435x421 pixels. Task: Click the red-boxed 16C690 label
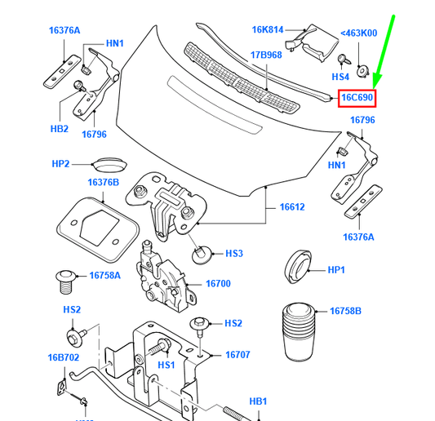[357, 98]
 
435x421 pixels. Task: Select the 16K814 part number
[267, 30]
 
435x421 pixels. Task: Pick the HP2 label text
[61, 164]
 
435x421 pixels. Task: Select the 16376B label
[104, 184]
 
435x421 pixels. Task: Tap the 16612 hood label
[291, 208]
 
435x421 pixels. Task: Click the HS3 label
[234, 254]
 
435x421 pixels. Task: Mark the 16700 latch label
[217, 284]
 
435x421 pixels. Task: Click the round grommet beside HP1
[295, 268]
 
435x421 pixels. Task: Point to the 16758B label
[345, 312]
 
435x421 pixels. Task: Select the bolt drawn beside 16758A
[65, 281]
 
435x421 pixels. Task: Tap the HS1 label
[166, 365]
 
